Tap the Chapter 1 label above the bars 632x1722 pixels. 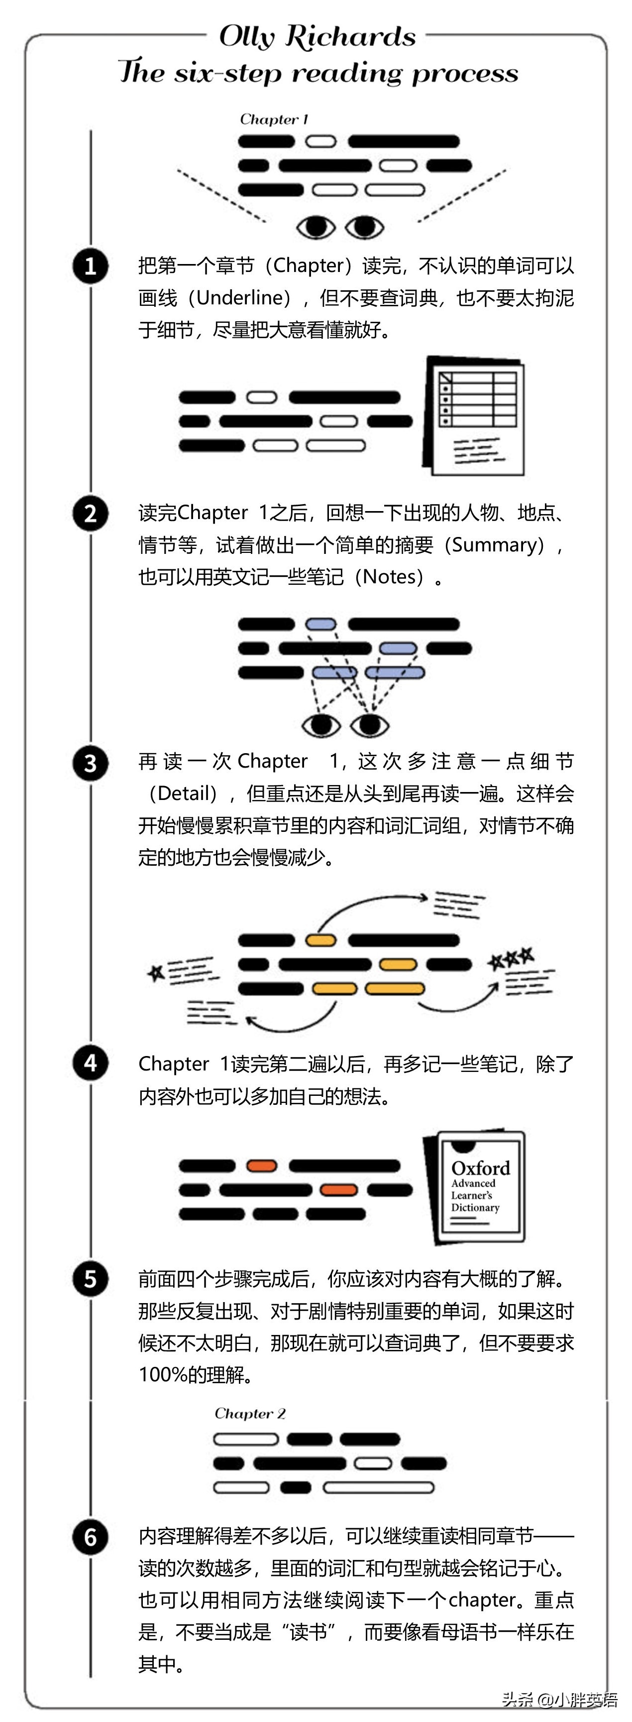tap(274, 120)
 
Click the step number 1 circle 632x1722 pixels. tap(90, 266)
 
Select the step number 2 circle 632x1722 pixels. tap(90, 514)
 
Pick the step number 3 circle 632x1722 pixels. tap(90, 763)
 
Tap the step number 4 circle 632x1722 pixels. tap(90, 1063)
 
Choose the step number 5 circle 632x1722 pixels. tap(90, 1279)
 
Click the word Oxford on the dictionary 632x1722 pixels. tap(480, 1168)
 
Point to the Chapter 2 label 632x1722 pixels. tap(250, 1413)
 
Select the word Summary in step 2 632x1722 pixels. tap(494, 545)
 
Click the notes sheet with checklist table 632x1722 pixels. tap(474, 416)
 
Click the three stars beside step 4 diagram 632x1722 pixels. tap(511, 959)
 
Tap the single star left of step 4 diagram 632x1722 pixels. tap(156, 973)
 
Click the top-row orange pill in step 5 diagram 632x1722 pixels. tap(261, 1166)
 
